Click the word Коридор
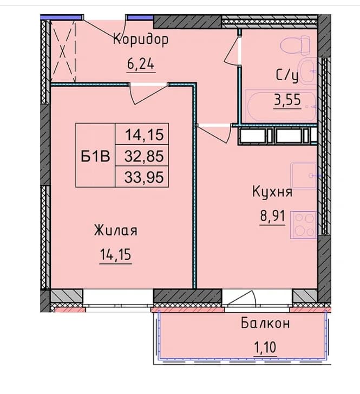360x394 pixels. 141,40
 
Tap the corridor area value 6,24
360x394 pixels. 141,64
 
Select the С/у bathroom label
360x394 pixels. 287,75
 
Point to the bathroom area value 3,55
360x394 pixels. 287,100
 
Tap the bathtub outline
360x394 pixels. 280,106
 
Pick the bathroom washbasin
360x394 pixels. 308,71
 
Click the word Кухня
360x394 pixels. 272,192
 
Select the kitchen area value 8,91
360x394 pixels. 273,216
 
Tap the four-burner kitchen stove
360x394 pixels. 304,225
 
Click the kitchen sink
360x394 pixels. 304,176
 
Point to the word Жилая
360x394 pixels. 116,230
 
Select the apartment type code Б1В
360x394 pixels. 95,156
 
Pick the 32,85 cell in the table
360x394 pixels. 144,156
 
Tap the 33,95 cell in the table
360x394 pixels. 144,177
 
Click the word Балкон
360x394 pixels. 265,323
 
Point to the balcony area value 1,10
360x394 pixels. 265,347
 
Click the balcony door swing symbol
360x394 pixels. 243,299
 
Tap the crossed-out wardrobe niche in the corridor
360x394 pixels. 63,51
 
